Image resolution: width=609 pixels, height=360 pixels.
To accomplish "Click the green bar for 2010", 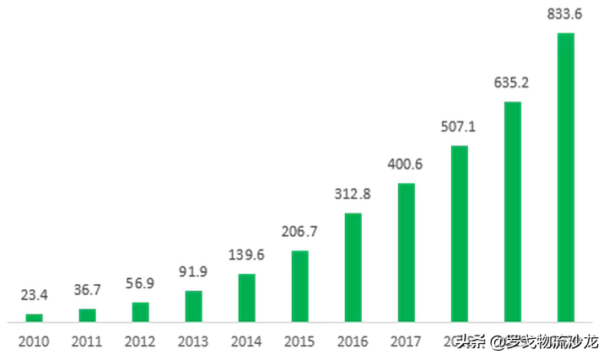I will (34, 318).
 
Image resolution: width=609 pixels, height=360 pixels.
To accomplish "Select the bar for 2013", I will (194, 306).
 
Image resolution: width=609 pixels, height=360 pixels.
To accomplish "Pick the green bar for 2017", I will (407, 252).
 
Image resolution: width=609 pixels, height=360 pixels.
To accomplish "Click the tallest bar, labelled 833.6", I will (566, 177).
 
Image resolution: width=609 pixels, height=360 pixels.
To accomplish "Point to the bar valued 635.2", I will (513, 212).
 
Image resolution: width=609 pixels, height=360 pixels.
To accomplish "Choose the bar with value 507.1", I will (460, 234).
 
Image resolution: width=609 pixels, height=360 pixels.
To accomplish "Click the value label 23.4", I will (34, 296).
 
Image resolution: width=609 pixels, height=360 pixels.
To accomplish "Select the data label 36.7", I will (87, 290).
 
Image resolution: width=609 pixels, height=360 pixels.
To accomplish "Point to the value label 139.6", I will (246, 254).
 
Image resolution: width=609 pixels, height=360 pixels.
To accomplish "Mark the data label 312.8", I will (353, 193).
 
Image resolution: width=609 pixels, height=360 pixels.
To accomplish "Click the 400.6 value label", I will (406, 164).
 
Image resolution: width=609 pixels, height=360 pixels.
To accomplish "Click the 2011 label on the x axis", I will (87, 342).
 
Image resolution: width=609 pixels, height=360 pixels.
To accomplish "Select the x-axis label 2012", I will (140, 342).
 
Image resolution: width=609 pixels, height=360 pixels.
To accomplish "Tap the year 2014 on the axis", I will (246, 342).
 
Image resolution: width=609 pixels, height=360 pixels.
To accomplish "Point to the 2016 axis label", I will (353, 342).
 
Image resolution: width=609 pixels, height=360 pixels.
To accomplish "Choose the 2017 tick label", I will (406, 342).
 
